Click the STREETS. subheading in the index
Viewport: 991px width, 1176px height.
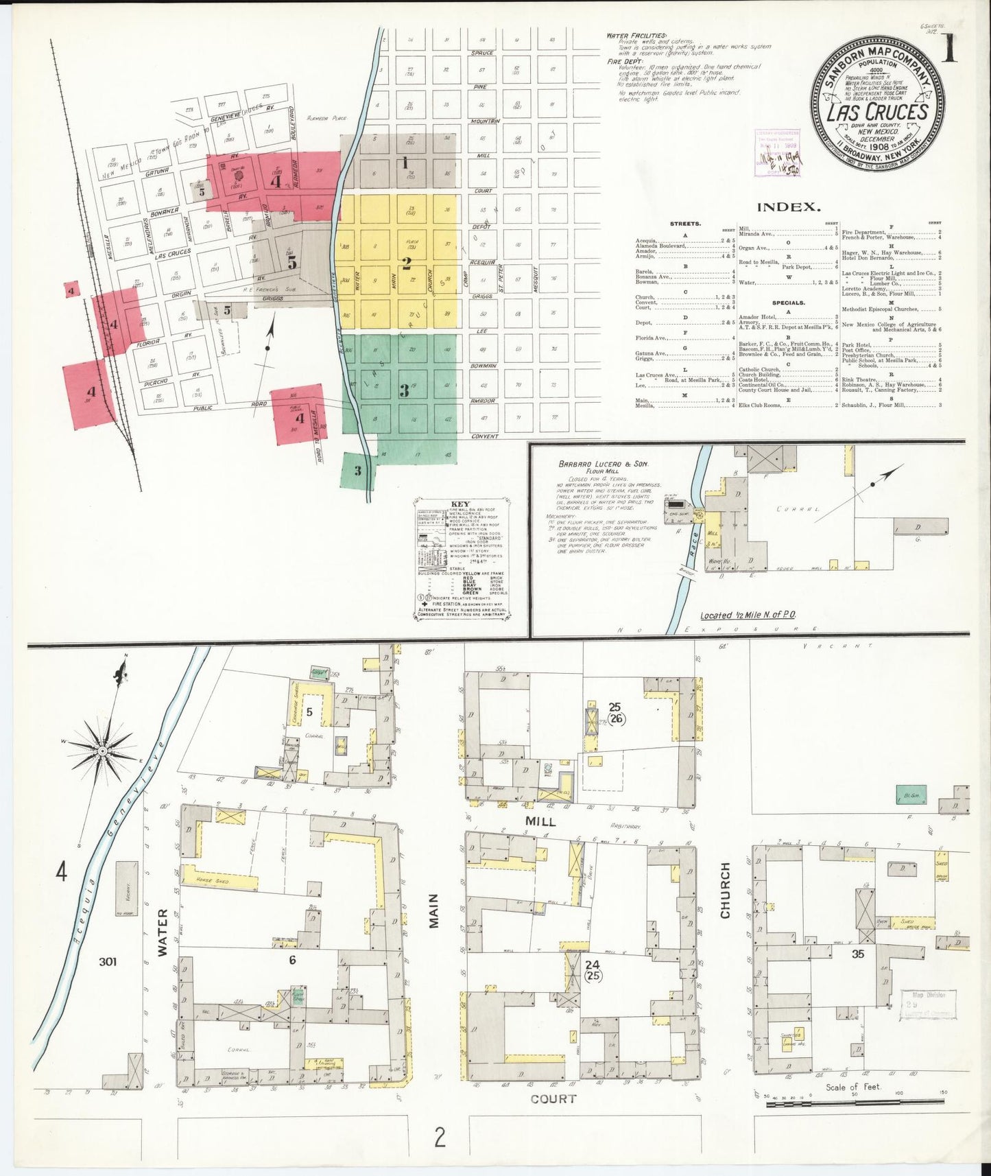click(x=685, y=223)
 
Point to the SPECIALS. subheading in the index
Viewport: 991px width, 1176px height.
click(x=788, y=303)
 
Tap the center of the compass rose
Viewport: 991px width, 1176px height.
click(x=102, y=751)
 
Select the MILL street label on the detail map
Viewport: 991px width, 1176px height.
click(x=540, y=821)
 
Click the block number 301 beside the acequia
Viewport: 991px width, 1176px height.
click(x=108, y=961)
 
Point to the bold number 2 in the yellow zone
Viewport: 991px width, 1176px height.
click(x=406, y=263)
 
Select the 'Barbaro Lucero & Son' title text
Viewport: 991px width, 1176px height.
click(x=603, y=464)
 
